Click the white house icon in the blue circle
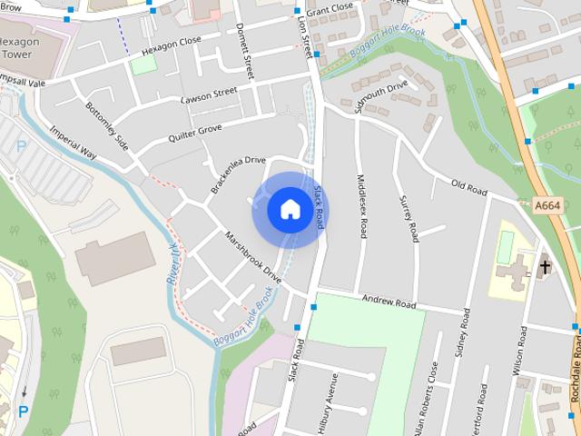(290, 210)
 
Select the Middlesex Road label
(362, 207)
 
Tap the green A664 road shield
(547, 206)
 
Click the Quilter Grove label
(194, 134)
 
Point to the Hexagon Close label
(172, 42)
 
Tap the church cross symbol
(545, 267)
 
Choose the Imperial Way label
(74, 142)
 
